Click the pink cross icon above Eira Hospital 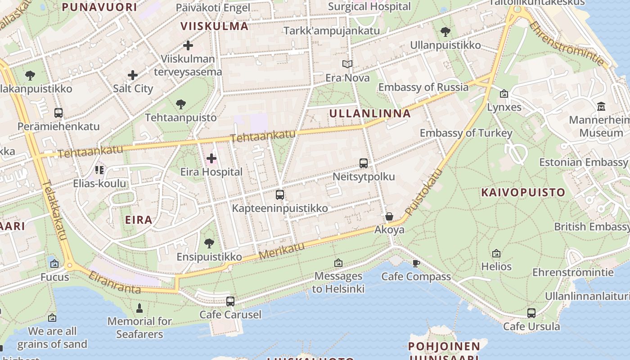click(x=211, y=158)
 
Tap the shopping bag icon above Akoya click(x=389, y=216)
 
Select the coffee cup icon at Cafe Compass click(x=416, y=263)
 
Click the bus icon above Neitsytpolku click(x=364, y=163)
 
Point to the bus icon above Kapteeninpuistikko click(x=280, y=195)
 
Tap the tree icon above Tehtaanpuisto click(x=180, y=104)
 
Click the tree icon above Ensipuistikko click(x=209, y=243)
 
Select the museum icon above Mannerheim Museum click(x=601, y=107)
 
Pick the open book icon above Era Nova click(x=347, y=64)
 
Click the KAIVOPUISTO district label click(x=523, y=193)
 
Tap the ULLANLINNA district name click(x=370, y=113)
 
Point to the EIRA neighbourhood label click(x=139, y=220)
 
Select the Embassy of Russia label click(x=423, y=87)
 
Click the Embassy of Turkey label click(x=466, y=133)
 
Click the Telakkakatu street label click(x=56, y=210)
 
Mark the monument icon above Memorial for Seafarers click(x=139, y=308)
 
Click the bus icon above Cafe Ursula click(x=531, y=313)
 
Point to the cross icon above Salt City click(x=133, y=75)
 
